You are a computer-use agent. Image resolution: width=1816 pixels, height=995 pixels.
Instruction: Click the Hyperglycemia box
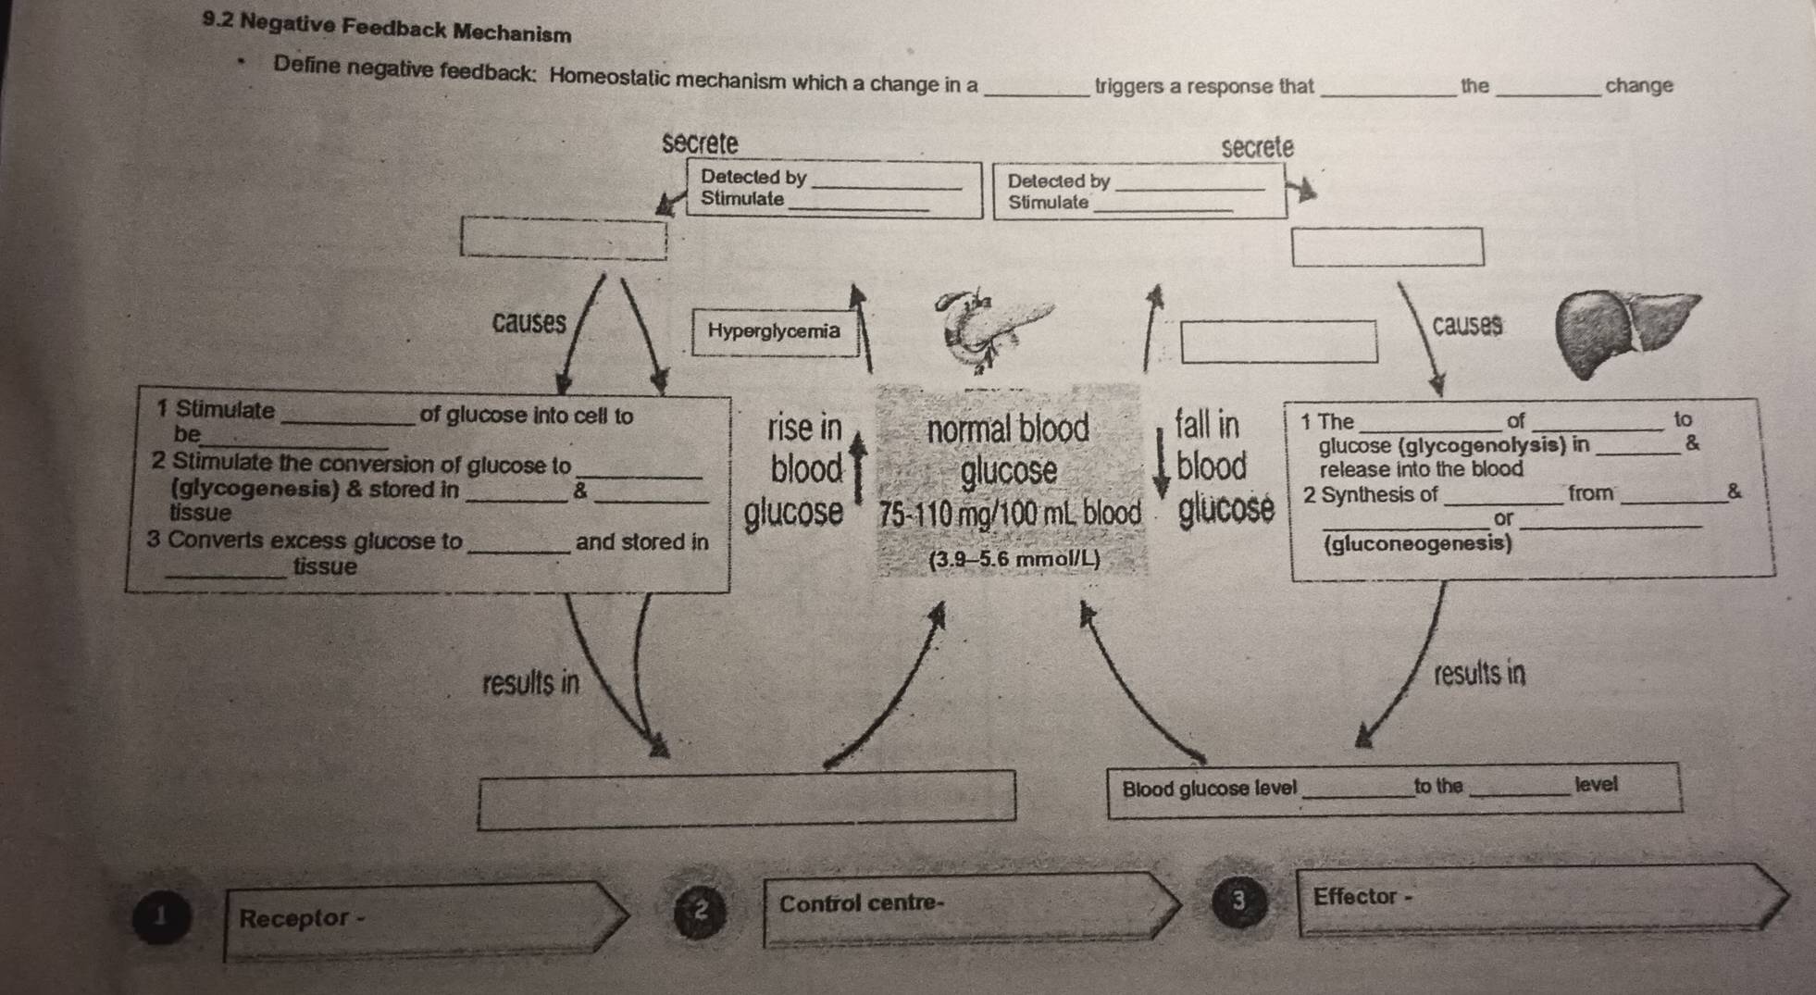(x=774, y=331)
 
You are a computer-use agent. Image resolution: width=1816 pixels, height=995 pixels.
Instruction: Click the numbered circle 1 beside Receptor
(x=162, y=917)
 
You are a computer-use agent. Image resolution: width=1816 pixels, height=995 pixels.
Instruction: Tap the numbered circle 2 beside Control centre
(x=700, y=912)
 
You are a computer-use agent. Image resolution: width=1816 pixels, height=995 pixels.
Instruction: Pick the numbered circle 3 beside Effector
(x=1239, y=901)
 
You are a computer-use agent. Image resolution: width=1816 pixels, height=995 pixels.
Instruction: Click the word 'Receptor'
(x=294, y=918)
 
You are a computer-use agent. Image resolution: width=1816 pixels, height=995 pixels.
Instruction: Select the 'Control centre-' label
(x=861, y=903)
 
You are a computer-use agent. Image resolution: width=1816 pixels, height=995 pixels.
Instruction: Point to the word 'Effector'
(x=1355, y=896)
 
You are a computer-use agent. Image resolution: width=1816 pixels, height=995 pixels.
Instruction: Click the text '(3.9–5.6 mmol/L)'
(x=1014, y=559)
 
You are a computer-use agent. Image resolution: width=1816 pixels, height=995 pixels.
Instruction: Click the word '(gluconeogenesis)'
(x=1418, y=543)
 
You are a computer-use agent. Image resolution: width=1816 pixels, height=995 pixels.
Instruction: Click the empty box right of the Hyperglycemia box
(x=1278, y=342)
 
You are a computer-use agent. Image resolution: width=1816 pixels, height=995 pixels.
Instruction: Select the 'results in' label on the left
(x=530, y=684)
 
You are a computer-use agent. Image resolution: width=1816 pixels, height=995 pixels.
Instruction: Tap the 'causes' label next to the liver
(x=1466, y=325)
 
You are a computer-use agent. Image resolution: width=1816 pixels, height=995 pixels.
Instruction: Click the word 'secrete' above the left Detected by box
(x=700, y=143)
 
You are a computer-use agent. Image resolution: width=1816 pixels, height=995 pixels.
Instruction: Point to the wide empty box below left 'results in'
(x=746, y=800)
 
